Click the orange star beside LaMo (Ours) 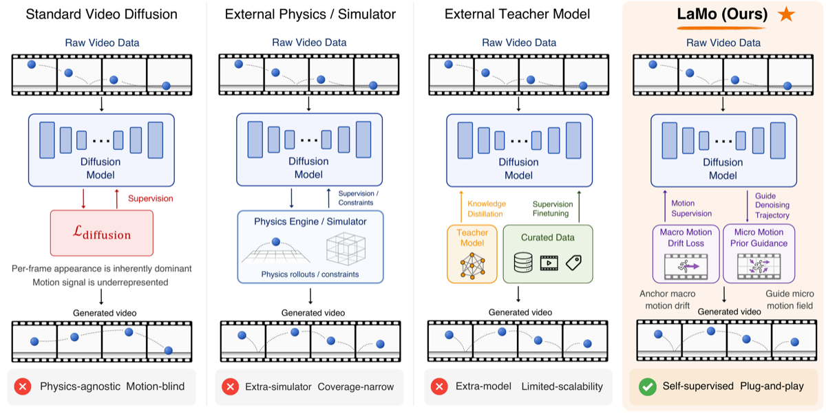786,14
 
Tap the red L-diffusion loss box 102,233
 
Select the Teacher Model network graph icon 472,265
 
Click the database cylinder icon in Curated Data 523,262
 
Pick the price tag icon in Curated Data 574,263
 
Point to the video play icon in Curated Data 549,263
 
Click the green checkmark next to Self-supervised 648,386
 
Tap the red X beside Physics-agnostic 23,386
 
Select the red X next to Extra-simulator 231,386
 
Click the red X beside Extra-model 439,386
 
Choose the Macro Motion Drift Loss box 686,254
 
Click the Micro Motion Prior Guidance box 759,254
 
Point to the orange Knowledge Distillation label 487,209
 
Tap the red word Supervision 151,199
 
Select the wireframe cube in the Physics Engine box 346,249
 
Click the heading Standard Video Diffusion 101,14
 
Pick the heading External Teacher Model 517,14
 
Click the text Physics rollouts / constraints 310,274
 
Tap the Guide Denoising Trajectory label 772,206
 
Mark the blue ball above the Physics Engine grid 276,241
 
